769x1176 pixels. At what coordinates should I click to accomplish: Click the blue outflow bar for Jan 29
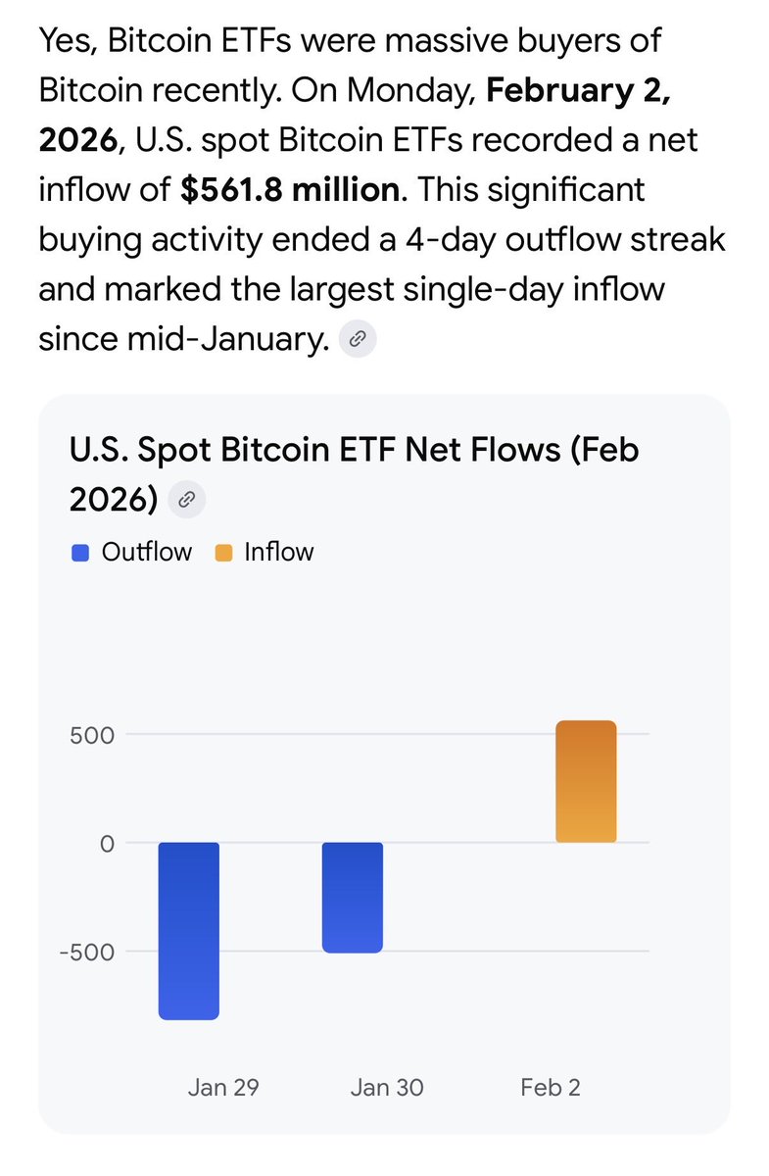point(188,931)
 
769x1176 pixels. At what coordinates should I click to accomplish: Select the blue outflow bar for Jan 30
point(353,897)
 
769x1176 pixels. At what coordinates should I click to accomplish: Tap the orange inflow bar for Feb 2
point(586,782)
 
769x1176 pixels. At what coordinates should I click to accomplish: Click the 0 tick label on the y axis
point(107,843)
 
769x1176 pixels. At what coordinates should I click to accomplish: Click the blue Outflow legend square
point(81,553)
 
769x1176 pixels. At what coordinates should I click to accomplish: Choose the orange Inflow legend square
point(223,553)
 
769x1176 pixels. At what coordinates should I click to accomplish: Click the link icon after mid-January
point(358,339)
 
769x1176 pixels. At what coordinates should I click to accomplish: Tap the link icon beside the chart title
point(186,501)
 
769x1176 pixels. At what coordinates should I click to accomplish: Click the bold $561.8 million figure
point(292,189)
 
